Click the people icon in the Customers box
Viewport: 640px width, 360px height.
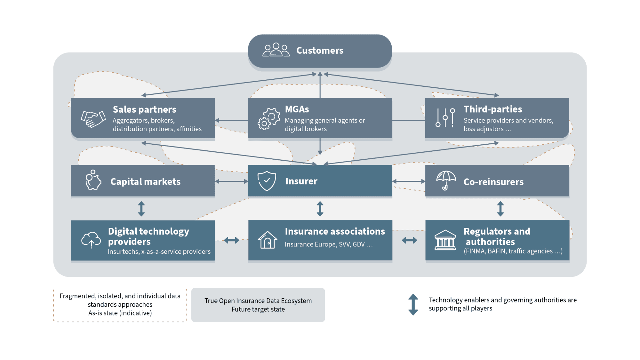point(276,50)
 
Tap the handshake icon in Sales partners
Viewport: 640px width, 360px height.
point(93,119)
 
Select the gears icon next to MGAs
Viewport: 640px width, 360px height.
point(268,119)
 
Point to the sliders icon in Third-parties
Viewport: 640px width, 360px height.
point(445,118)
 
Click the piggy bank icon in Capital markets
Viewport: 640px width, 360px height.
point(93,180)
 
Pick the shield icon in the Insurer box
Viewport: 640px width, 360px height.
point(267,181)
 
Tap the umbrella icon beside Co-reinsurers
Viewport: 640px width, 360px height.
point(446,180)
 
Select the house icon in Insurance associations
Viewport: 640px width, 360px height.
point(267,240)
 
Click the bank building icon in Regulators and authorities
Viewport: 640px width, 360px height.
point(445,240)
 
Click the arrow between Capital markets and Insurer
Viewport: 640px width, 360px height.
point(231,181)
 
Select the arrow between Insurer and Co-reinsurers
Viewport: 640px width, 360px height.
point(409,181)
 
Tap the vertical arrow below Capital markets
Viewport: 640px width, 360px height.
point(141,209)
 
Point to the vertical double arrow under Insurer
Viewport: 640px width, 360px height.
point(320,209)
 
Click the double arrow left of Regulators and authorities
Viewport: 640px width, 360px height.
point(409,240)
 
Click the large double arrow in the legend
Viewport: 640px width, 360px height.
point(413,304)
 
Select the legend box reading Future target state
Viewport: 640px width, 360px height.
point(258,305)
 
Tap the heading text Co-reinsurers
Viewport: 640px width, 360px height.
point(493,182)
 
